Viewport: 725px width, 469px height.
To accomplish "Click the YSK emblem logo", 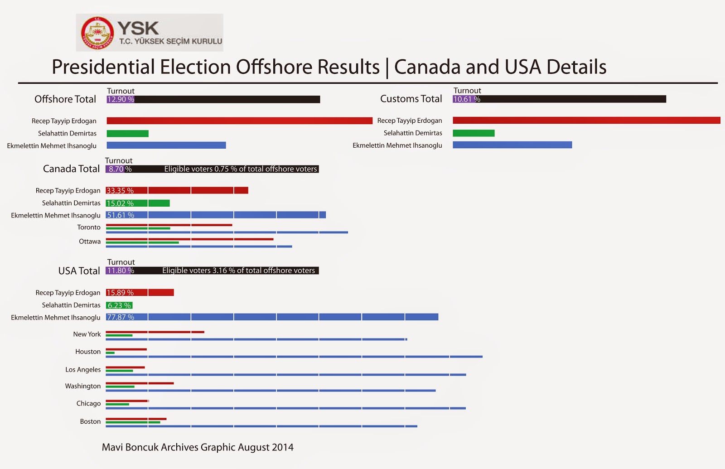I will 97,33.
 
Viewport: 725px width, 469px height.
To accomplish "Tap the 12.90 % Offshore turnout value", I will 121,99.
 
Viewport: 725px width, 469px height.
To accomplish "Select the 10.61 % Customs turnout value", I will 466,99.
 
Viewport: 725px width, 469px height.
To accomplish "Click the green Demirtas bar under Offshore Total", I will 127,133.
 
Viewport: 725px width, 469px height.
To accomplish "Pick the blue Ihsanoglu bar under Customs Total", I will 512,145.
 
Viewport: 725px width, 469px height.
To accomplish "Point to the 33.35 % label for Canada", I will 120,190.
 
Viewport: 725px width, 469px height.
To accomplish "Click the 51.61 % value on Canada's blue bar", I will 121,215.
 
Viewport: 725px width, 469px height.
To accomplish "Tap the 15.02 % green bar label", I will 120,203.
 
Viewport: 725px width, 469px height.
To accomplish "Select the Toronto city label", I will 89,227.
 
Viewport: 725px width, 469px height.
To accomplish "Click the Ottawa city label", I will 90,241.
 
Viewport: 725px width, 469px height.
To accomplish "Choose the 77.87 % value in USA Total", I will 121,317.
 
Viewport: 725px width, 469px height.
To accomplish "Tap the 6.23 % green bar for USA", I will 119,305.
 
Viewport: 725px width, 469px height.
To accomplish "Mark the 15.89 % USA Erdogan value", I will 120,292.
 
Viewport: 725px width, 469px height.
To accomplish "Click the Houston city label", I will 88,351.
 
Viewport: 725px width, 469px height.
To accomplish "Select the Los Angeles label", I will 83,369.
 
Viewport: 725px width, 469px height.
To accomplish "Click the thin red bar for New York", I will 155,332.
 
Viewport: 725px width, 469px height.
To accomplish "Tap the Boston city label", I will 90,421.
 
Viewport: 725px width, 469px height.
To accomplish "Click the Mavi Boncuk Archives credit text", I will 198,447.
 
